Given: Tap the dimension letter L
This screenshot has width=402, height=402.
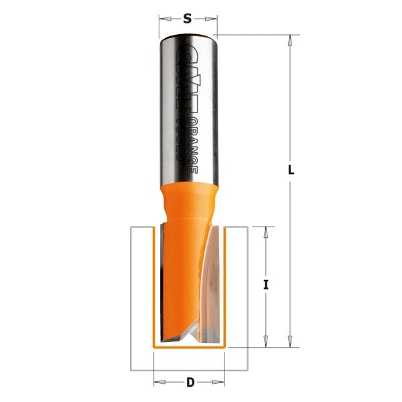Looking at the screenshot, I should click(290, 170).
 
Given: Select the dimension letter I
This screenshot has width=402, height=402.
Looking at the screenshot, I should click(266, 285).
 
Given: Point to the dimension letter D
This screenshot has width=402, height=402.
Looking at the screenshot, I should click(190, 383).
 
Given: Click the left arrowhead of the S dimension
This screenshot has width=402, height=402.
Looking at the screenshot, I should click(163, 20).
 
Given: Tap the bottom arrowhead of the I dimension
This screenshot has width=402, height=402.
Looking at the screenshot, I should click(266, 342).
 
